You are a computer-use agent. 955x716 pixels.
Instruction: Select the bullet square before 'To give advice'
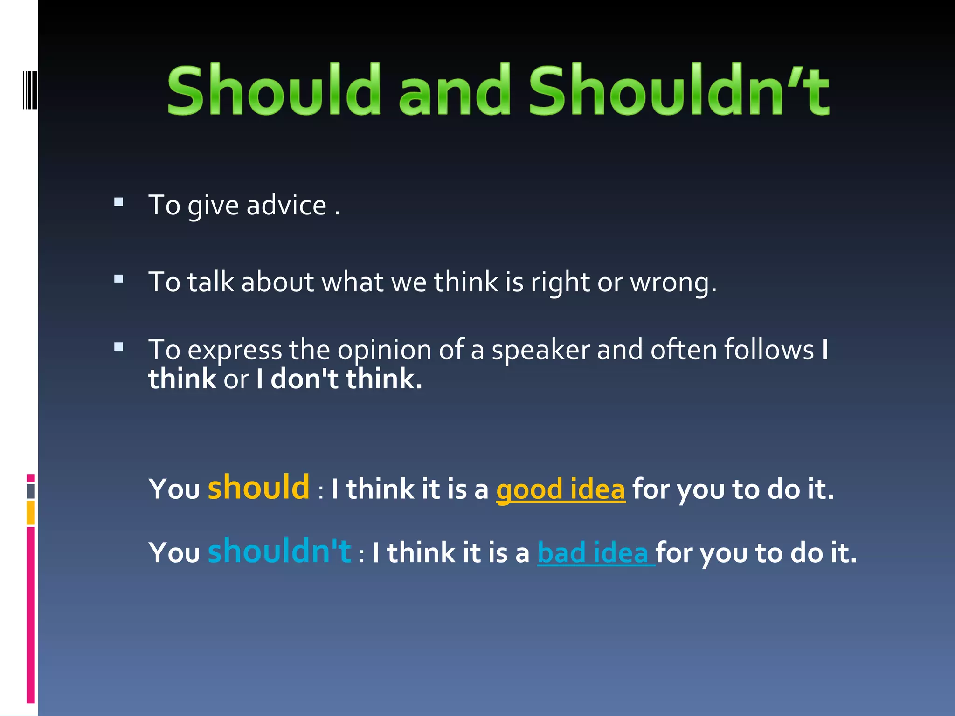118,202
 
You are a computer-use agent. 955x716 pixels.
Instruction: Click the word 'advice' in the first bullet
286,206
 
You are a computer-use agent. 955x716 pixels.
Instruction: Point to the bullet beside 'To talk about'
118,279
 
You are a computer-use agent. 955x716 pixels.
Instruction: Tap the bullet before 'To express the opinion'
118,347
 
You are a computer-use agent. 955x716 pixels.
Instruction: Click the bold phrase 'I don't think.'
339,379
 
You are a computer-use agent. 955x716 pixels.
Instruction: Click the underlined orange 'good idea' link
560,489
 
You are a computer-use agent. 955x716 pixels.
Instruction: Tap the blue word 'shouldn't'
279,551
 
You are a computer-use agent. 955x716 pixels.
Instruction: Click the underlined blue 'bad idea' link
593,553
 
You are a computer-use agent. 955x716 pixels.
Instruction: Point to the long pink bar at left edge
30,614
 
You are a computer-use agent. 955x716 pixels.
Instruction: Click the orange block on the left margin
30,512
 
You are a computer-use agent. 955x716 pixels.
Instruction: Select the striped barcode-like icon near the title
30,90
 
